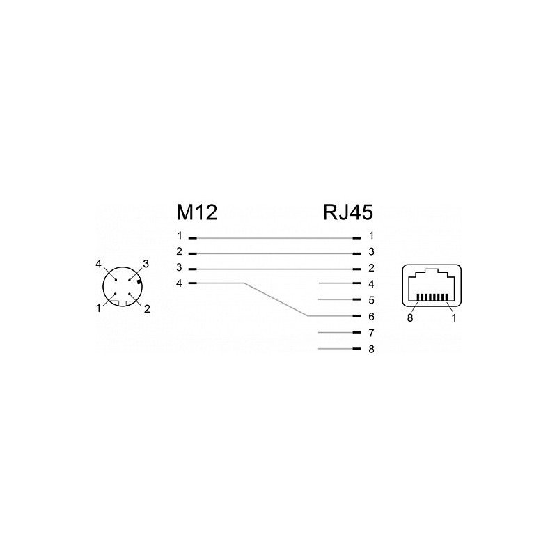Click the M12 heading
[196, 212]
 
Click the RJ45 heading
[347, 212]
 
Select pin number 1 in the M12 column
[180, 235]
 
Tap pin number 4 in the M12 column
[180, 283]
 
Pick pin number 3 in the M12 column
[180, 267]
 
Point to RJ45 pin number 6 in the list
[371, 316]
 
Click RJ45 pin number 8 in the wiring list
[371, 349]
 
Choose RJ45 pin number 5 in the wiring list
[371, 300]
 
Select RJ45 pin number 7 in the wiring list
[371, 333]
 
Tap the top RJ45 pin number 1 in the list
[371, 235]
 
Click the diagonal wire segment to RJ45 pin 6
[276, 299]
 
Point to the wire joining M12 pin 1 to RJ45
[274, 238]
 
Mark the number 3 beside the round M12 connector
[146, 264]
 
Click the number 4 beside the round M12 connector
[98, 264]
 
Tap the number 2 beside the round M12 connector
[147, 308]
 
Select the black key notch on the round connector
[139, 283]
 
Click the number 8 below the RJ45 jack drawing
[410, 318]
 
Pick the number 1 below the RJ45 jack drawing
[454, 318]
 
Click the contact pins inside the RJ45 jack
[432, 298]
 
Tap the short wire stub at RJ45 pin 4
[336, 283]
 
